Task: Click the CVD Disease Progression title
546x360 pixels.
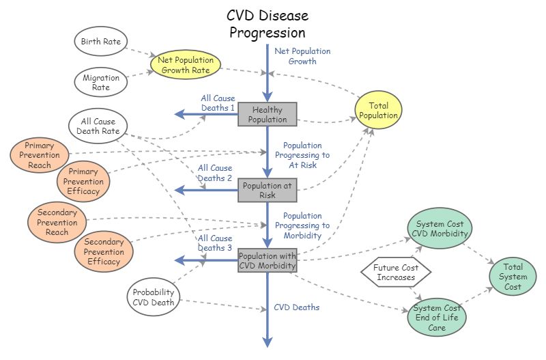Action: tap(267, 24)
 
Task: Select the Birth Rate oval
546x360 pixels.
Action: tap(100, 42)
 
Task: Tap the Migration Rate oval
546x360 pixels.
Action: tap(101, 83)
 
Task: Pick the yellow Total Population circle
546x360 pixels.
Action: tap(379, 111)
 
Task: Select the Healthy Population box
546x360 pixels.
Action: tap(267, 115)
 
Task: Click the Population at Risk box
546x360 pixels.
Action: tap(267, 190)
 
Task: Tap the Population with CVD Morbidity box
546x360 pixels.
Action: tap(267, 260)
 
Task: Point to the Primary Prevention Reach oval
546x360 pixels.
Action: tap(40, 156)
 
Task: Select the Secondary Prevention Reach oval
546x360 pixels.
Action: tap(57, 221)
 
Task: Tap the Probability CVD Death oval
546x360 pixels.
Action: tap(154, 296)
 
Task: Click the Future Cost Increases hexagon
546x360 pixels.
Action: tap(396, 273)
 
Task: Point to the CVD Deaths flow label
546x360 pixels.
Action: tap(296, 307)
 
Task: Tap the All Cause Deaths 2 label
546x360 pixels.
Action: tap(215, 173)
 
